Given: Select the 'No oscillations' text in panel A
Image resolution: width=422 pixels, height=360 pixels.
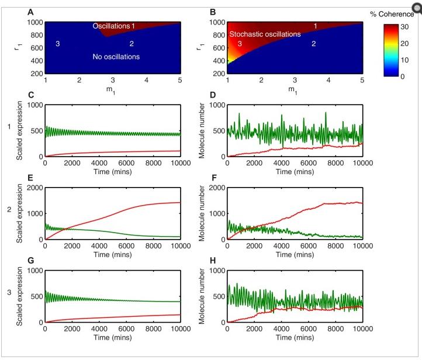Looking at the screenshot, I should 116,57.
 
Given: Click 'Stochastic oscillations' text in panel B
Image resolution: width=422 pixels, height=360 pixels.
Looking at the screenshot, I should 265,34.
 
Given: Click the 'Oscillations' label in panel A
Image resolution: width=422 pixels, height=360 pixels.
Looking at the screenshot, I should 110,26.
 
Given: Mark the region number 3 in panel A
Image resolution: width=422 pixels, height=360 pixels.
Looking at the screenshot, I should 57,44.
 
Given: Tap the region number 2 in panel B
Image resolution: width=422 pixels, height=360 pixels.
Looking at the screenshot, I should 313,44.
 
